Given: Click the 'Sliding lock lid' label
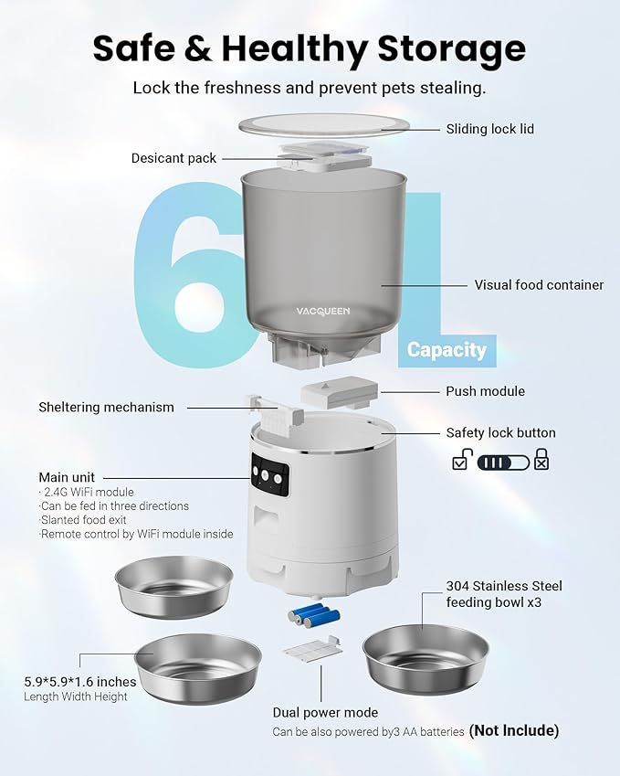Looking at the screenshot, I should click(x=489, y=129).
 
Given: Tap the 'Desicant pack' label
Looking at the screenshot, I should click(x=173, y=158).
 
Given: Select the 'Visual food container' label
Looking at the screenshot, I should click(x=539, y=285).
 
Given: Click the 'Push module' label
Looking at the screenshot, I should click(x=485, y=391).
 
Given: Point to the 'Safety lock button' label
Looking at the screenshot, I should click(x=500, y=432).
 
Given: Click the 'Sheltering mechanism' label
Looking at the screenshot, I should click(x=106, y=407).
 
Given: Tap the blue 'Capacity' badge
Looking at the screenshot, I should click(x=447, y=349).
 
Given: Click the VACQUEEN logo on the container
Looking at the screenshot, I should click(x=322, y=311).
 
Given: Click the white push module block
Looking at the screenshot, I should click(x=336, y=395).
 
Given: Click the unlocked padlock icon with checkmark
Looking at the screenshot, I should click(x=462, y=460).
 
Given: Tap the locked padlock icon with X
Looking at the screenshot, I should click(x=541, y=460).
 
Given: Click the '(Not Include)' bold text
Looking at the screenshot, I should click(x=513, y=730).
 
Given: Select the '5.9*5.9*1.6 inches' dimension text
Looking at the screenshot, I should click(x=80, y=682).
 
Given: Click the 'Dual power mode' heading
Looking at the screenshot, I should click(x=325, y=712).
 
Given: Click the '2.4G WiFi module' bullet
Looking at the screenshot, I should click(x=89, y=493).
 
